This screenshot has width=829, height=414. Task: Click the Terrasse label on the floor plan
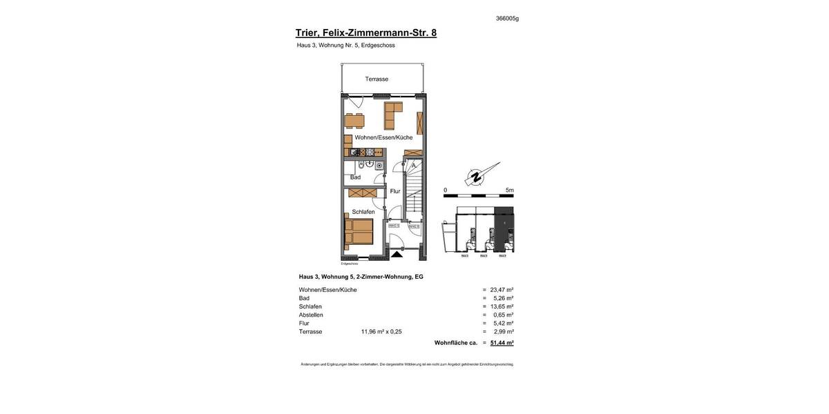tap(377, 79)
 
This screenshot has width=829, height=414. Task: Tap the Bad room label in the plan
tap(355, 177)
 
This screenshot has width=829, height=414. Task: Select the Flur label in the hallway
tap(395, 191)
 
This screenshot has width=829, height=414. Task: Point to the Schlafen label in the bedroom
tap(363, 212)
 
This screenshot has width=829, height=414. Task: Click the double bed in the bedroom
tap(359, 233)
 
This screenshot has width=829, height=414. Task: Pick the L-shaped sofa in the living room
tap(392, 115)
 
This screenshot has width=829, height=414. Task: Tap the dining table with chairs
tap(354, 121)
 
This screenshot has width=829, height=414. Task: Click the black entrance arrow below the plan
tap(397, 255)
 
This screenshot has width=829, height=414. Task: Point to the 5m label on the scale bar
tap(509, 190)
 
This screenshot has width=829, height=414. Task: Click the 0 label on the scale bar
tap(446, 190)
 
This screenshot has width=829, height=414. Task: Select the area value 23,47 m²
tap(502, 290)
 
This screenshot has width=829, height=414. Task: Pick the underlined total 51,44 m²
tap(502, 343)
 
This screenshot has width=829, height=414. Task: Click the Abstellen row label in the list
tap(311, 315)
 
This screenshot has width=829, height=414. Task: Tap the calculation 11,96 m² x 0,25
tap(381, 332)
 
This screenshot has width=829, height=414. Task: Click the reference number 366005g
tap(507, 19)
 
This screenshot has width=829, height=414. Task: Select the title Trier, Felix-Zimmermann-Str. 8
tap(365, 32)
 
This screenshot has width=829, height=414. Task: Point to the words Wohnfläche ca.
tap(455, 343)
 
